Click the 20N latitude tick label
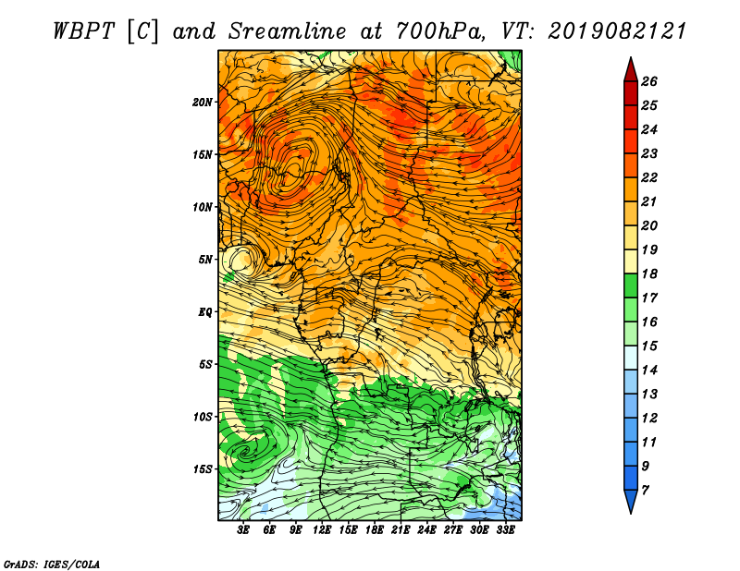click(x=202, y=103)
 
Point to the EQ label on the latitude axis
click(x=205, y=312)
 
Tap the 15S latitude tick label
click(x=203, y=469)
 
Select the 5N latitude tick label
click(x=205, y=260)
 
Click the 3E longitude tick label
click(x=243, y=530)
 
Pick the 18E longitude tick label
click(x=375, y=530)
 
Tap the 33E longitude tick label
click(x=505, y=530)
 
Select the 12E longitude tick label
click(x=322, y=530)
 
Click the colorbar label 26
click(x=649, y=81)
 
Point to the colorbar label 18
click(x=649, y=273)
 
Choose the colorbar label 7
click(x=645, y=491)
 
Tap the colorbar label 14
click(x=649, y=371)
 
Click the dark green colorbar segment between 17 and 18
click(x=631, y=285)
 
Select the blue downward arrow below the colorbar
click(x=631, y=500)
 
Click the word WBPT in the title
click(x=83, y=31)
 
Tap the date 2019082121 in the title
click(x=617, y=31)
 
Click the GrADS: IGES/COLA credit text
click(x=52, y=565)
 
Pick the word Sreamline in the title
click(x=288, y=31)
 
